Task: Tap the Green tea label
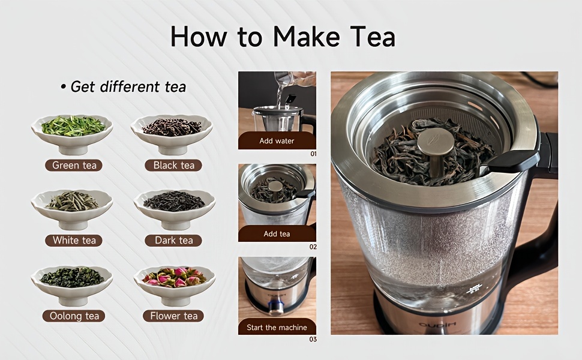pos(73,165)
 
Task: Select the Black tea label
pos(173,165)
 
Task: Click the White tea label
pos(74,240)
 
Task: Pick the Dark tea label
pos(173,240)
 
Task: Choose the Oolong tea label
pos(74,316)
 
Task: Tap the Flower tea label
pos(173,316)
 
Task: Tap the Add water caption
pos(277,141)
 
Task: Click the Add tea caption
pos(277,234)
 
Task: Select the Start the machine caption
pos(277,328)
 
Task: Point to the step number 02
pos(313,247)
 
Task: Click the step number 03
pos(313,340)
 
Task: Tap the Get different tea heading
pos(123,86)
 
